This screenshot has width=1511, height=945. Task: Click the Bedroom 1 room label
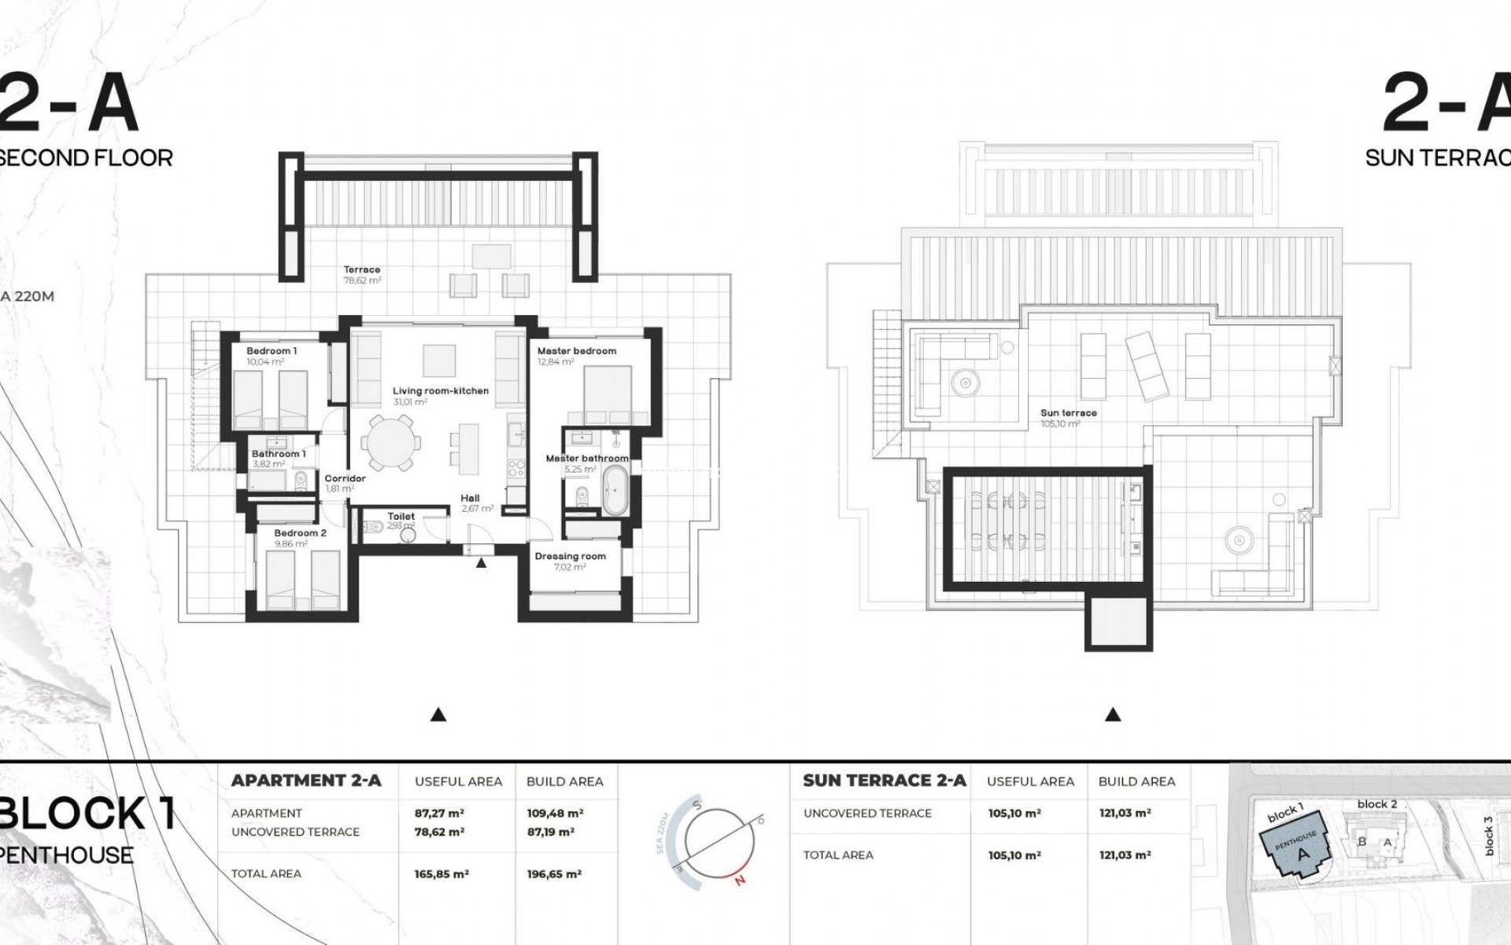(x=272, y=351)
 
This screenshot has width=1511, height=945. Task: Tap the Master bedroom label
(x=576, y=351)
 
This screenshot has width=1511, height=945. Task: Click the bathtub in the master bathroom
(x=614, y=490)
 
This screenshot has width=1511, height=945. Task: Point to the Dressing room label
(x=570, y=556)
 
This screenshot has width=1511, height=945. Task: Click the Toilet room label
(x=401, y=517)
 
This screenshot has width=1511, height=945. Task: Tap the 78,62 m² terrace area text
(x=362, y=280)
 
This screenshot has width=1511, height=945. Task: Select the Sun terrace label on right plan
(x=1068, y=413)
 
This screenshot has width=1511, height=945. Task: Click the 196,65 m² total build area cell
(x=554, y=874)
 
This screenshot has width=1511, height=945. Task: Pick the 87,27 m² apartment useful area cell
(x=439, y=813)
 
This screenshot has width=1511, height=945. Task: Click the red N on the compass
(x=739, y=880)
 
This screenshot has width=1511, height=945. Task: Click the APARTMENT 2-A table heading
(x=306, y=780)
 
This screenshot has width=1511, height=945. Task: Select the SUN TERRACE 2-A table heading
(x=884, y=780)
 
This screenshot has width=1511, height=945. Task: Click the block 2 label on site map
(x=1377, y=804)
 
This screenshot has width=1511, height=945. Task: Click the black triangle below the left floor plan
(x=439, y=715)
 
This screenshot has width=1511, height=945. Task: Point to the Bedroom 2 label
(x=300, y=533)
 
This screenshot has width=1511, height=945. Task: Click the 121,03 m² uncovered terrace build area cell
(x=1125, y=813)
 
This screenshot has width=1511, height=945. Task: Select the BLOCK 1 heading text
(x=87, y=813)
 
